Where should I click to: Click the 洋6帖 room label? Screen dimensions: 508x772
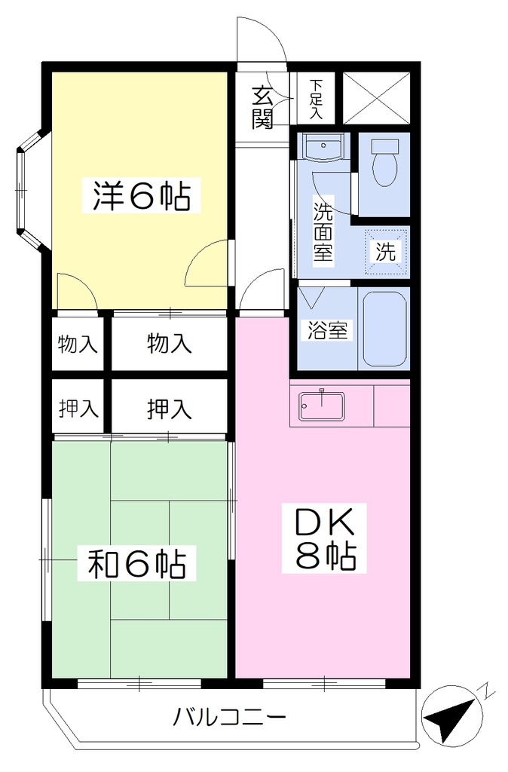click(x=142, y=195)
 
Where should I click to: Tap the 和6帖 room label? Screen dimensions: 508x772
click(x=137, y=562)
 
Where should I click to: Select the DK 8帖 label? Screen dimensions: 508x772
click(x=324, y=538)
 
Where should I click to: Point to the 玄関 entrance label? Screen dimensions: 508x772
click(x=262, y=108)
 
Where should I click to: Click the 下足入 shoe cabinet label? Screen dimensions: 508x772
click(x=316, y=99)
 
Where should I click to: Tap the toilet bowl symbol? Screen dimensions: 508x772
click(x=385, y=163)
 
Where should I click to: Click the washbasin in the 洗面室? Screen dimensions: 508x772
click(x=323, y=146)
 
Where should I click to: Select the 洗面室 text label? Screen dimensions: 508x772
click(x=323, y=232)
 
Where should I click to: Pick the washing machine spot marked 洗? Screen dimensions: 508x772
click(x=386, y=252)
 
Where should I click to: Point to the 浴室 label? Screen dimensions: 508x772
click(x=327, y=330)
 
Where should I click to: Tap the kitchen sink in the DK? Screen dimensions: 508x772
click(x=322, y=406)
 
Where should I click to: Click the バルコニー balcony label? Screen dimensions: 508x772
click(x=229, y=716)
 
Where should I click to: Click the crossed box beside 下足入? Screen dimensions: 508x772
click(x=376, y=98)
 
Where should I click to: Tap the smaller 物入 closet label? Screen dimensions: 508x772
click(x=78, y=344)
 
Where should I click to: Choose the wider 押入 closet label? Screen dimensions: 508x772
click(x=169, y=409)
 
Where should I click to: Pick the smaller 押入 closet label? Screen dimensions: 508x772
click(x=78, y=409)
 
